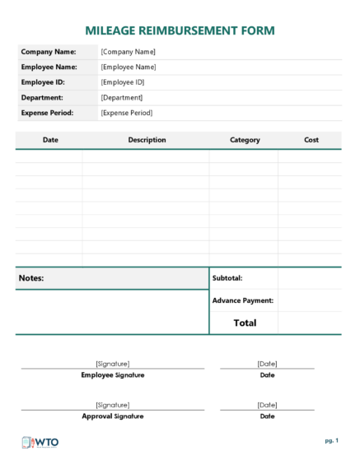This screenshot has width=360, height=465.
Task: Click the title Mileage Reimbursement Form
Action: click(x=180, y=30)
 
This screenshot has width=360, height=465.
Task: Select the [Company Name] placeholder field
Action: click(x=128, y=52)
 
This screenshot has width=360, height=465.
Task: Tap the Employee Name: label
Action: click(x=49, y=67)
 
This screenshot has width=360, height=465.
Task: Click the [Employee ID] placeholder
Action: click(x=123, y=82)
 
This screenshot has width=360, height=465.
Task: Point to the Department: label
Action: click(x=43, y=97)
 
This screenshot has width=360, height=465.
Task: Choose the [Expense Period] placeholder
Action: click(x=126, y=113)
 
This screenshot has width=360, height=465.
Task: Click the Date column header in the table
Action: click(x=50, y=140)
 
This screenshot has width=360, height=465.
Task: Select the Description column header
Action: click(x=147, y=140)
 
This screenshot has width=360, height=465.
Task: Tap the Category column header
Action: click(x=245, y=140)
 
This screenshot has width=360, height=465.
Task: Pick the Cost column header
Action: click(x=311, y=140)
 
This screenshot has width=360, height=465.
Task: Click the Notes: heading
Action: click(x=31, y=278)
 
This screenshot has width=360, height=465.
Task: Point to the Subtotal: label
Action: click(x=227, y=278)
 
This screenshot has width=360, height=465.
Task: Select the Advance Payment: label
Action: click(x=242, y=300)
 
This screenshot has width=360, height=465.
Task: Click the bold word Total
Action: click(x=245, y=323)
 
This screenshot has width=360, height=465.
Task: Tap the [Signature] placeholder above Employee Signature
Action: click(x=112, y=363)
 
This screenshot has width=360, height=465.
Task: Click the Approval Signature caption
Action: click(x=112, y=416)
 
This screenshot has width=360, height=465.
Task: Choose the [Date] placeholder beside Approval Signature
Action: click(x=267, y=405)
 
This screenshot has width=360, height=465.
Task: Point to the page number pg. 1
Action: click(x=331, y=441)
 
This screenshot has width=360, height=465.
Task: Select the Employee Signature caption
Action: click(x=112, y=375)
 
